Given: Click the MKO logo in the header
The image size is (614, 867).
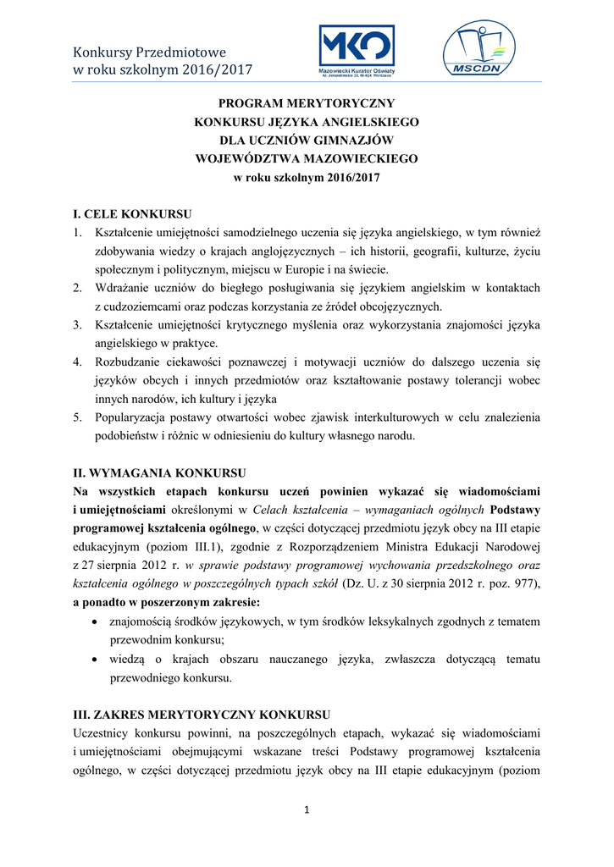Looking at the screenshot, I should (356, 51).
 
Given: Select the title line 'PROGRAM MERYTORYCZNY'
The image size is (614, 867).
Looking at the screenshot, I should (307, 102).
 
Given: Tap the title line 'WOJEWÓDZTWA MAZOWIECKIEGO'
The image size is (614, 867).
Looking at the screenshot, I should (307, 158).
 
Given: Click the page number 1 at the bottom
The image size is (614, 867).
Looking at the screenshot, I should (307, 810).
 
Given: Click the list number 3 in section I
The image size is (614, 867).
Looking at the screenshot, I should (77, 324).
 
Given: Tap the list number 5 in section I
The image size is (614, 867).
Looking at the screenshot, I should (77, 417).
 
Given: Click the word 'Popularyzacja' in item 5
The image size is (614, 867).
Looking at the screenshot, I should (130, 417).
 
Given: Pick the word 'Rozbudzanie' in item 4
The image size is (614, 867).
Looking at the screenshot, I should (127, 362).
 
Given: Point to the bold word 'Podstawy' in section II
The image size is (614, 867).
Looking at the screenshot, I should (516, 510).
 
